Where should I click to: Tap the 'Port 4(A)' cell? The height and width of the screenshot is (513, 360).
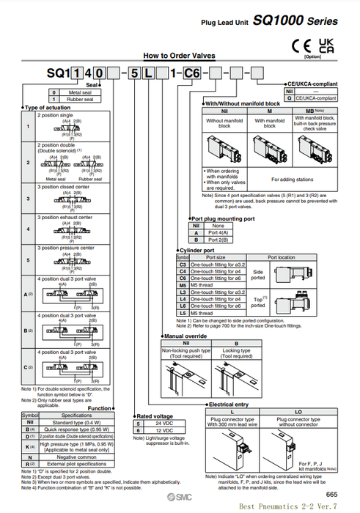click(x=218, y=233)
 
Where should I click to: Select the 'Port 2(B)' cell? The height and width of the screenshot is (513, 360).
click(x=218, y=240)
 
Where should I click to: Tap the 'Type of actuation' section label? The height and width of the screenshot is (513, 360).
click(x=48, y=108)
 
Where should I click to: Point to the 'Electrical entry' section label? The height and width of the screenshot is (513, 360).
click(x=229, y=404)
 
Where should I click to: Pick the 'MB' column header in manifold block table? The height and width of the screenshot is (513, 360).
click(x=316, y=110)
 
